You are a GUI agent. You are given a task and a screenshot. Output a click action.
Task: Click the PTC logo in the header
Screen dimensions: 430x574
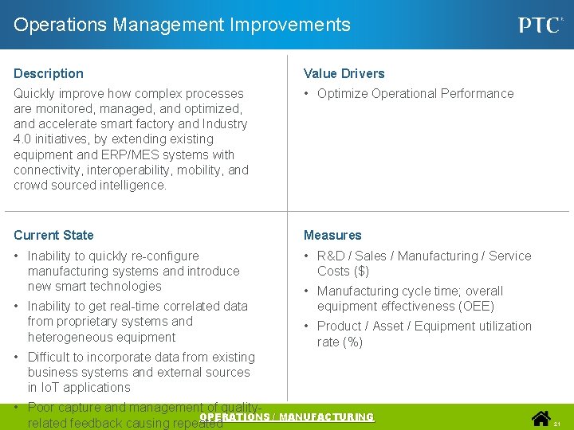541,25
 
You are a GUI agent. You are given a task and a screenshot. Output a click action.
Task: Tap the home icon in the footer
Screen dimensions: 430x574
542,418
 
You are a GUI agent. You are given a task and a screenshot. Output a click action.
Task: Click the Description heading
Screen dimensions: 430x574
49,73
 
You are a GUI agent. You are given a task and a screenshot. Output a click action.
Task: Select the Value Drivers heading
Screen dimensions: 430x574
344,73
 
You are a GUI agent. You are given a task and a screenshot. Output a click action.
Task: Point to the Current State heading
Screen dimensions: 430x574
53,235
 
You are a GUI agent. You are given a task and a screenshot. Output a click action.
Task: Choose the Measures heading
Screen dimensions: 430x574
332,235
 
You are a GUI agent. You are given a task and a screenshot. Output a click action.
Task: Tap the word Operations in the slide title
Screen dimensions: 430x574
61,25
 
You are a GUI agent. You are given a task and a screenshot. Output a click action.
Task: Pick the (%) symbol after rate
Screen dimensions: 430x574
352,342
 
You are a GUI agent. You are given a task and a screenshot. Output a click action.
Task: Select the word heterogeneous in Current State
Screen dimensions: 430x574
71,337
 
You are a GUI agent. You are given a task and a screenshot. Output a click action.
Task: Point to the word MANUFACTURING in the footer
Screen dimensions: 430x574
328,417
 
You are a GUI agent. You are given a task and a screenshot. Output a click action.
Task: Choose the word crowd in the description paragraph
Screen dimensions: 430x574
30,185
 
